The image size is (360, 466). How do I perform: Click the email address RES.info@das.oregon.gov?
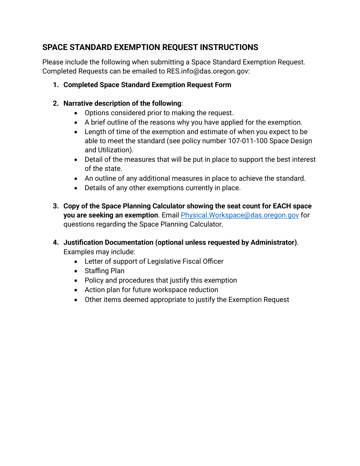click(208, 71)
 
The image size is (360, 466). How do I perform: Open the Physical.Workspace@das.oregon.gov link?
click(239, 215)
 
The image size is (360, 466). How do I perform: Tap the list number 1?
click(56, 85)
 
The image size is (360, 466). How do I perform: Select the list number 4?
click(56, 242)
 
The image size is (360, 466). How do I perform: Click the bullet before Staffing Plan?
click(77, 271)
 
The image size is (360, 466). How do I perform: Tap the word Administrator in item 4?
click(272, 242)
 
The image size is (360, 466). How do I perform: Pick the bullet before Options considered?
click(77, 113)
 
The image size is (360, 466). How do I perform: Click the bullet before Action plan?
click(77, 290)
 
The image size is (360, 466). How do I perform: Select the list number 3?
click(56, 206)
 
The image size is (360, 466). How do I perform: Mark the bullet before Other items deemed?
click(77, 300)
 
